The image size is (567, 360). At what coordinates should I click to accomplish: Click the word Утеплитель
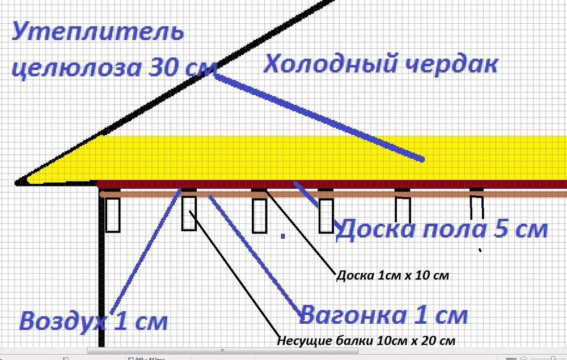(x=98, y=31)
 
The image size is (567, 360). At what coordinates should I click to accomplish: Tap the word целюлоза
(x=77, y=67)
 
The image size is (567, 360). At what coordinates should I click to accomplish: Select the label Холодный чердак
(x=381, y=64)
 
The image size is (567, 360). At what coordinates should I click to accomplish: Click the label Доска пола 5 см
(x=442, y=229)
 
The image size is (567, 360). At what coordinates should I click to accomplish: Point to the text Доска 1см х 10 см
(x=393, y=276)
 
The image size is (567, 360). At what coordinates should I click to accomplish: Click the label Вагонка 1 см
(x=383, y=315)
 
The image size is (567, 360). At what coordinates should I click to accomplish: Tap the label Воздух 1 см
(x=94, y=321)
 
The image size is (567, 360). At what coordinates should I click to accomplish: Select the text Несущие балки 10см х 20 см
(x=366, y=341)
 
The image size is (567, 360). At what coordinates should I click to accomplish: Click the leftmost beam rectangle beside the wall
(x=112, y=215)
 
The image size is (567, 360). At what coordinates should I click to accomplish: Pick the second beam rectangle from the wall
(x=189, y=213)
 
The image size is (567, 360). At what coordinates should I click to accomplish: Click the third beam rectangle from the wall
(x=259, y=215)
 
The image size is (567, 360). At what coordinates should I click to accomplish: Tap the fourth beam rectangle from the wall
(x=326, y=215)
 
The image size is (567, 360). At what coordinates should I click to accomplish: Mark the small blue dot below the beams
(x=283, y=236)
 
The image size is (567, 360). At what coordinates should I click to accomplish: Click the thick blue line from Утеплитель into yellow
(x=318, y=117)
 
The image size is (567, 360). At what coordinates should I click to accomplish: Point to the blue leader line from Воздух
(x=145, y=251)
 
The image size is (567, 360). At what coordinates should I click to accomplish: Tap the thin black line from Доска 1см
(x=301, y=231)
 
